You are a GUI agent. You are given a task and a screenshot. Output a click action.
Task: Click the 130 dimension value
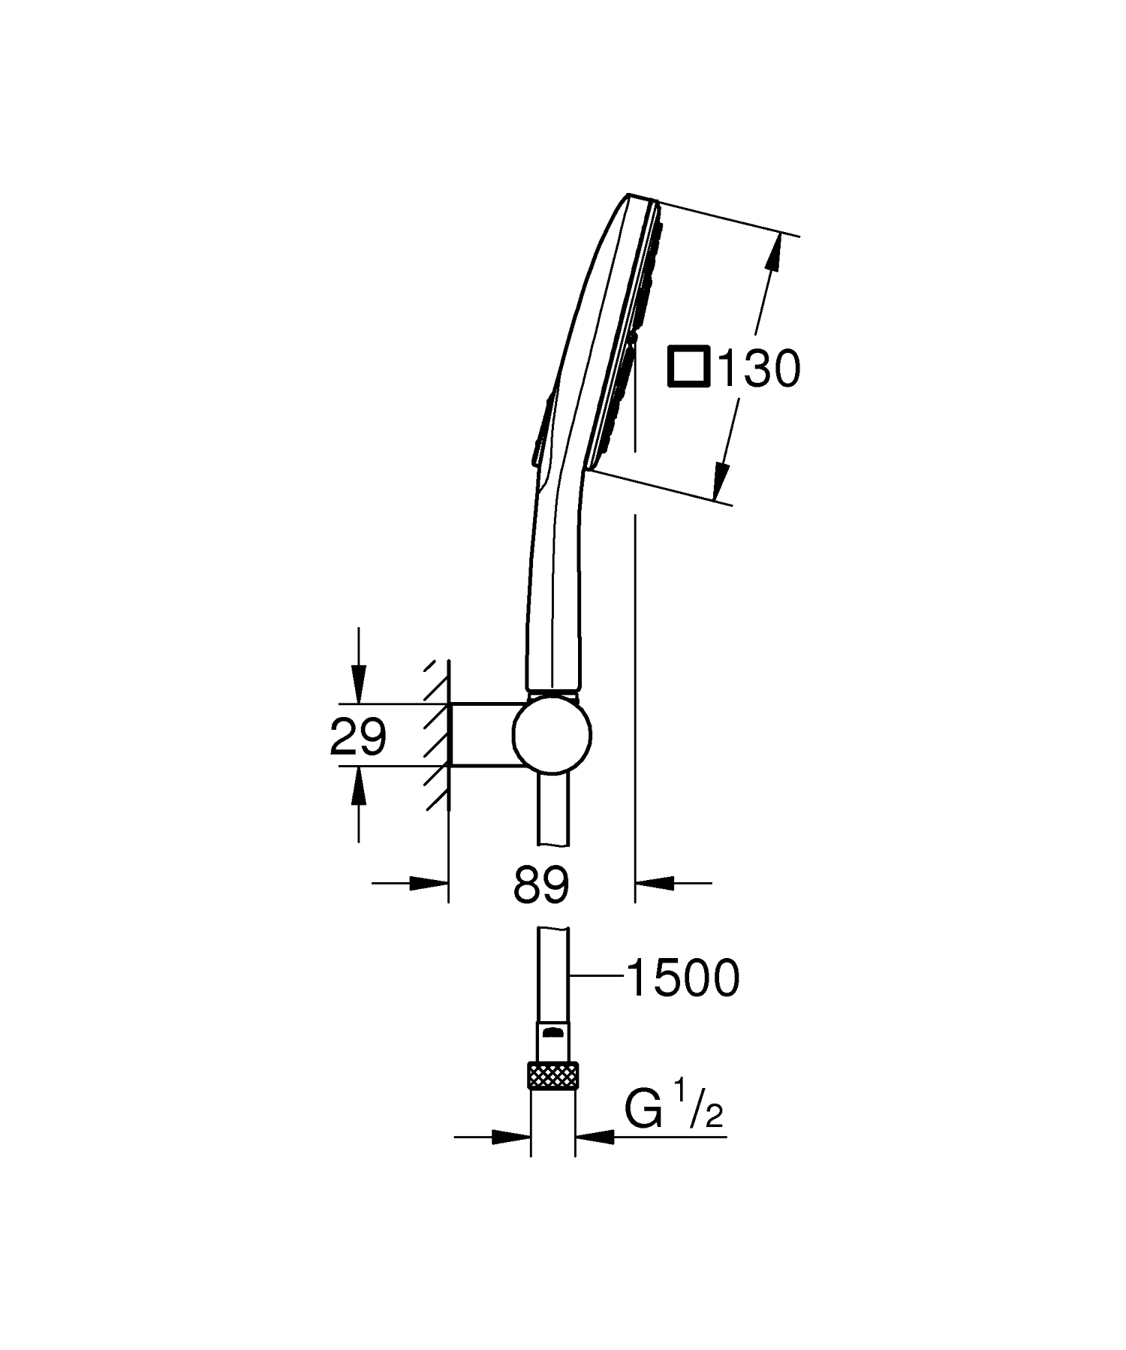pyautogui.click(x=759, y=369)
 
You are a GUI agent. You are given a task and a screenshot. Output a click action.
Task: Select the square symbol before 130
pyautogui.click(x=688, y=368)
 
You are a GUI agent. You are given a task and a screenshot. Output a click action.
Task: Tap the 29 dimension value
pyautogui.click(x=358, y=737)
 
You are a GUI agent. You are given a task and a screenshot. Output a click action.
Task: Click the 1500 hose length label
pyautogui.click(x=682, y=978)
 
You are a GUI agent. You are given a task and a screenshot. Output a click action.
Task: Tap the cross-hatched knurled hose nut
pyautogui.click(x=553, y=1075)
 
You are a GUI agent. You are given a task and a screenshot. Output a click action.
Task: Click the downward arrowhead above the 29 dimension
pyautogui.click(x=359, y=687)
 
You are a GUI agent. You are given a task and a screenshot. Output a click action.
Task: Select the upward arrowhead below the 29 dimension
pyautogui.click(x=359, y=784)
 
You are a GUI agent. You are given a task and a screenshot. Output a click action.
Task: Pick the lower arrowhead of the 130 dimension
pyautogui.click(x=721, y=481)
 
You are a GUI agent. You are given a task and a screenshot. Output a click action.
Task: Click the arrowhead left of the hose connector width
pyautogui.click(x=510, y=1138)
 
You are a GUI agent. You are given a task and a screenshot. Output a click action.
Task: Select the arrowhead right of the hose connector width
pyautogui.click(x=595, y=1138)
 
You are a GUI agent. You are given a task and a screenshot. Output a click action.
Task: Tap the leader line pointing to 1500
pyautogui.click(x=597, y=975)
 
